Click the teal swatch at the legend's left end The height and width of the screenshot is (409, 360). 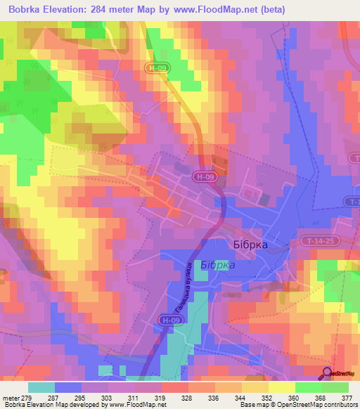coord(41,387)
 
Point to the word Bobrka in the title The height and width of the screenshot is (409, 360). coord(25,11)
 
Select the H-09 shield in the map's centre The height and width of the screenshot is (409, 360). coord(205,178)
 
